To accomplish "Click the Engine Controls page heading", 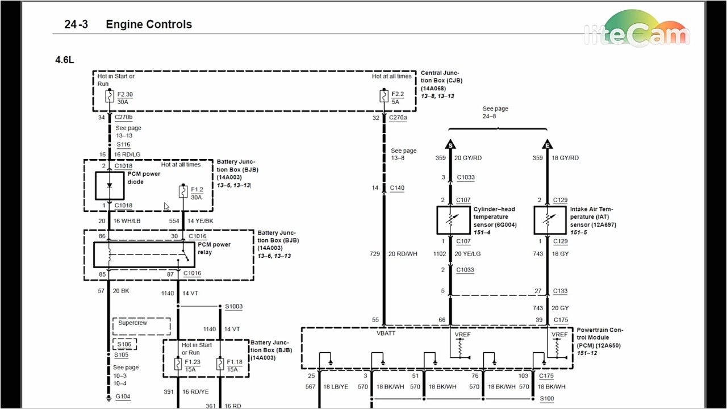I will (x=149, y=24).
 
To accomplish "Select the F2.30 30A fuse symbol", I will (x=110, y=98).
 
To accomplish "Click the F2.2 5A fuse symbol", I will (x=383, y=98).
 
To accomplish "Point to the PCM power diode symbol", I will (x=109, y=185).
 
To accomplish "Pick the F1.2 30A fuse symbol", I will (x=183, y=192).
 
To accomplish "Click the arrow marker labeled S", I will (x=450, y=144).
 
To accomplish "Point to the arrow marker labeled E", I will (x=548, y=144).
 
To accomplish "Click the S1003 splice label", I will (x=233, y=307).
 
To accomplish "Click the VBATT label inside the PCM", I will (x=386, y=335).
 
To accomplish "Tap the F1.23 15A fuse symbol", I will (x=178, y=365).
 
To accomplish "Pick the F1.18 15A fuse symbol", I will (x=220, y=365).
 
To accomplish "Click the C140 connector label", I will (x=397, y=187).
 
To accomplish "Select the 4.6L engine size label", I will (x=65, y=60).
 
